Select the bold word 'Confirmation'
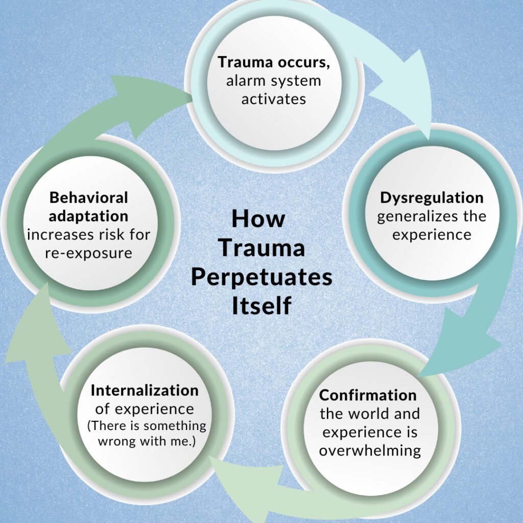click(x=368, y=395)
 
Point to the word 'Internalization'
click(x=145, y=391)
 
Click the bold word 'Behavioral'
click(x=89, y=197)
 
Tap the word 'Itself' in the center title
click(x=261, y=306)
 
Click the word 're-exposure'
click(x=88, y=252)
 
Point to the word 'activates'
click(x=274, y=99)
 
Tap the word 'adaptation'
click(x=89, y=216)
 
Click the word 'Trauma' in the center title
click(x=261, y=248)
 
